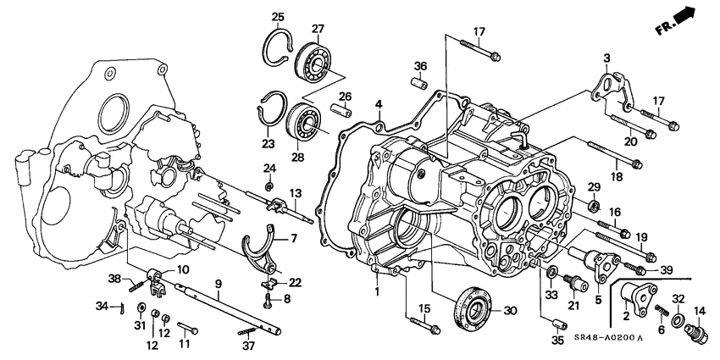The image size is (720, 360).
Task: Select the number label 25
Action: click(277, 18)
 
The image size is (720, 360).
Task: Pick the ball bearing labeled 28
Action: click(302, 121)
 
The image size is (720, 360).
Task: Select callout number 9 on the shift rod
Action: click(218, 283)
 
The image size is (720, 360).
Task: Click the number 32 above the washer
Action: click(678, 298)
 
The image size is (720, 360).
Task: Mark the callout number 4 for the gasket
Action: click(379, 105)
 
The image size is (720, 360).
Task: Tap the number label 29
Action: click(594, 186)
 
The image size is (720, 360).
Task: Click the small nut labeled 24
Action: click(269, 186)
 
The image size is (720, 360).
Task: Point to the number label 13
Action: click(296, 194)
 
